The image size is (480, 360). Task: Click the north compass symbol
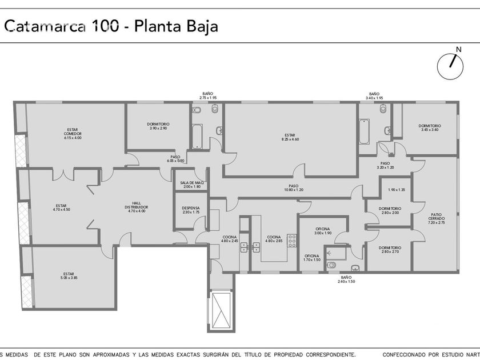(450, 66)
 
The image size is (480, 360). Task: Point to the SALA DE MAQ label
(192, 185)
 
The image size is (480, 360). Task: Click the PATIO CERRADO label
(437, 218)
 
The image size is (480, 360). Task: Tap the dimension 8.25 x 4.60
(290, 139)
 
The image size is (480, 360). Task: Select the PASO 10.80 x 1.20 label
(294, 187)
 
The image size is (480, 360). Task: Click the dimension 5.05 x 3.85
(69, 278)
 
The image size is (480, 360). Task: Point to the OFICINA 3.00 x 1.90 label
(323, 230)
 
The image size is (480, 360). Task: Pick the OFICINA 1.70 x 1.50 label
(312, 258)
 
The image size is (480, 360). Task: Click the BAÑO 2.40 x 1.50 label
(346, 279)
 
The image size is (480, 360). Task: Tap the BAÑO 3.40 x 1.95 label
(374, 95)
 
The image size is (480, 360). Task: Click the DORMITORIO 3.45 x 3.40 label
(430, 127)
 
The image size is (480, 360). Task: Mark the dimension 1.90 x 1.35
(396, 190)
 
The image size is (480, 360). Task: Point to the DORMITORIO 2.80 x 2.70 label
(390, 250)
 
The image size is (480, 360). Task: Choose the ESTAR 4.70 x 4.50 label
(61, 207)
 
